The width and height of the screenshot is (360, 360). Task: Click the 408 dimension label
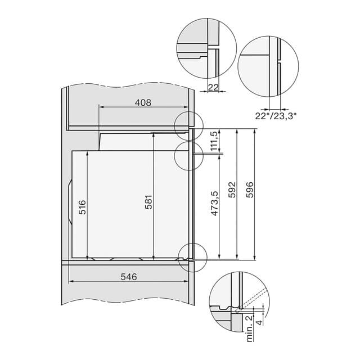tap(143, 102)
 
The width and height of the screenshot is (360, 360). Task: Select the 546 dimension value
tap(129, 277)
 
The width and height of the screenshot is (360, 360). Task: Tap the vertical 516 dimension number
tap(82, 207)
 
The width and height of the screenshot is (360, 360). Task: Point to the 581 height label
tap(148, 202)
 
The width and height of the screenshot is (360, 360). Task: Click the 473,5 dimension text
tap(215, 204)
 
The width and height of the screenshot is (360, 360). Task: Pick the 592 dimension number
tap(232, 190)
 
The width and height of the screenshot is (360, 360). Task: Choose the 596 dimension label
tap(250, 190)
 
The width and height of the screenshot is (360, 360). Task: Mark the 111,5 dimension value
tap(214, 141)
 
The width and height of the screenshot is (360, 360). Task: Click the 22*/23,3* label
tap(276, 116)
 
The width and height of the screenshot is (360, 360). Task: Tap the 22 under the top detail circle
tap(213, 87)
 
